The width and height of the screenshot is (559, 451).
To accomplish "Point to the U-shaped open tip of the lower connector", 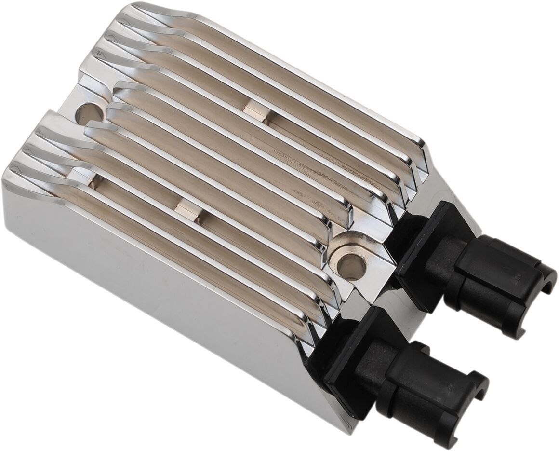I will [x=475, y=386].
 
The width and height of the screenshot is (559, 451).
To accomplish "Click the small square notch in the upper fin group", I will [x=256, y=110].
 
